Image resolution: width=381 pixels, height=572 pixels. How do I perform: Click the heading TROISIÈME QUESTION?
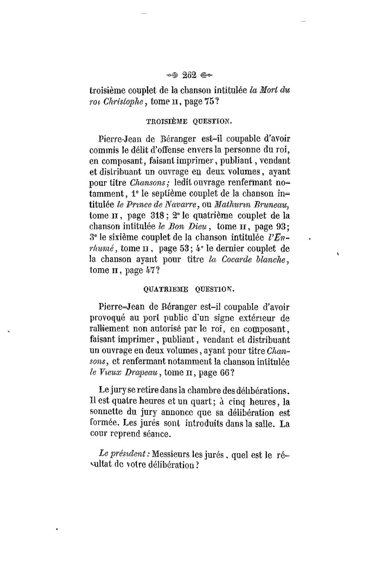190,121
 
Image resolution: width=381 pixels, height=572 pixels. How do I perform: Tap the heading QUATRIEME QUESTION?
189,289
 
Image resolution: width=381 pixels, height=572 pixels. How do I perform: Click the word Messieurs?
170,455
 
